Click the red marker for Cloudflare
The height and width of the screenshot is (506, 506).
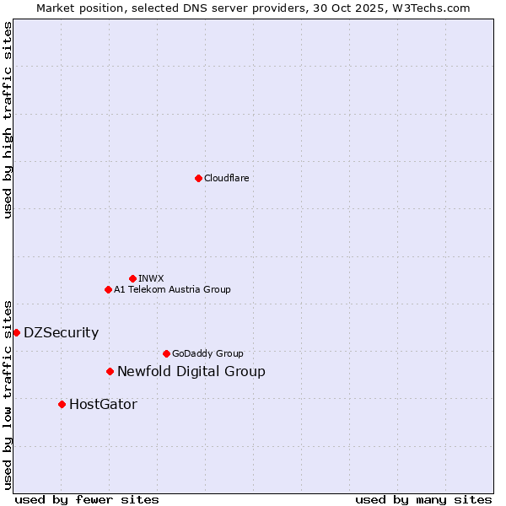click(198, 178)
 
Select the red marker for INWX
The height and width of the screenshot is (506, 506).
click(132, 278)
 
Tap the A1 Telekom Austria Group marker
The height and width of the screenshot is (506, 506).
click(108, 289)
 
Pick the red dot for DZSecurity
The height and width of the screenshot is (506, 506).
click(16, 332)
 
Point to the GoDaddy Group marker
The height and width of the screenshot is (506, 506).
click(166, 353)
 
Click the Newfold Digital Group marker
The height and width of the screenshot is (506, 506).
click(110, 371)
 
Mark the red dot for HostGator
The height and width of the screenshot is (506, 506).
click(62, 404)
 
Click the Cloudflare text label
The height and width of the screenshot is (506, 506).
click(226, 178)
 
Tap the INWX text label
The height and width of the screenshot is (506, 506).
click(151, 278)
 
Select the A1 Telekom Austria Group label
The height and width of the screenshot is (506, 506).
click(172, 289)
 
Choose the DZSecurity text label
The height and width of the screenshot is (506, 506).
click(61, 332)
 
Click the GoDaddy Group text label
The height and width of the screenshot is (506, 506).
click(207, 353)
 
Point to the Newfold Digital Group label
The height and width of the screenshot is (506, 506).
click(191, 371)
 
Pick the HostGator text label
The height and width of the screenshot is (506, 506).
click(103, 404)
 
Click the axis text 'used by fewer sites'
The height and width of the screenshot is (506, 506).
click(87, 499)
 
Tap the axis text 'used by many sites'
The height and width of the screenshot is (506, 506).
click(423, 499)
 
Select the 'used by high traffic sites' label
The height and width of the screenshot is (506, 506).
click(8, 120)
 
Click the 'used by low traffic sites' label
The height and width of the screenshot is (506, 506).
click(8, 395)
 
